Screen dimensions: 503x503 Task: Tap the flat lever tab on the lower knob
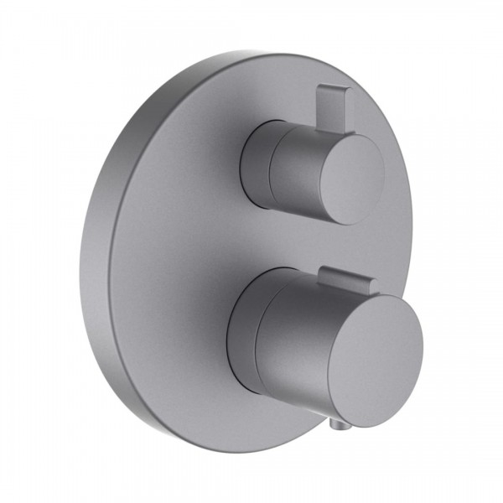pyautogui.click(x=345, y=280)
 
